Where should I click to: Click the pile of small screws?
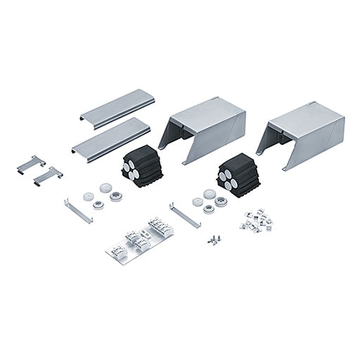pos(212,239)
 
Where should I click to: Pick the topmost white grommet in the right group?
pos(209,192)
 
